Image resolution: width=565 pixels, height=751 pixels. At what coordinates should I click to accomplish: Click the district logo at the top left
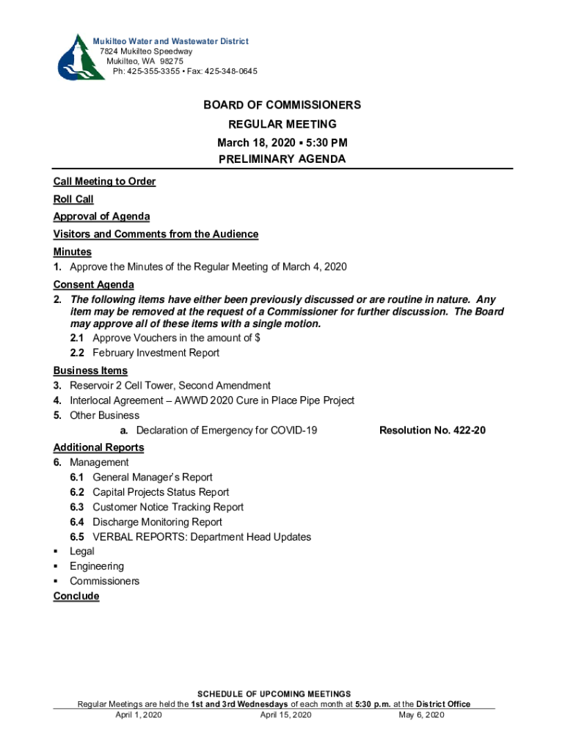click(x=73, y=56)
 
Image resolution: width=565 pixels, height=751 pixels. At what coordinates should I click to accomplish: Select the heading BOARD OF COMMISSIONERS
click(x=282, y=106)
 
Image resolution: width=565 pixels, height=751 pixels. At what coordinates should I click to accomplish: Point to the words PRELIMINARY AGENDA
click(x=282, y=159)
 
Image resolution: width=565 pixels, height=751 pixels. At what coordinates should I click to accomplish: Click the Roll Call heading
click(x=73, y=199)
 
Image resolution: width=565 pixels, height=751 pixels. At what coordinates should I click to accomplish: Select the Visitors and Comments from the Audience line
click(x=156, y=234)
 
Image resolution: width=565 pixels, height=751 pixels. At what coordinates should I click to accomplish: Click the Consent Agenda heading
click(x=93, y=285)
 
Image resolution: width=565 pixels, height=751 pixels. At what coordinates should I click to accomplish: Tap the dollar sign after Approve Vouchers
click(x=258, y=338)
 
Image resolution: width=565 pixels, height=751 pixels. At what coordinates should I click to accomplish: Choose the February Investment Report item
click(x=156, y=353)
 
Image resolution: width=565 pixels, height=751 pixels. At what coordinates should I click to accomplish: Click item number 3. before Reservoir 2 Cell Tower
click(x=57, y=385)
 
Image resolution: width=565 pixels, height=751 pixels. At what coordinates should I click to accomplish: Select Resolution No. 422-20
click(x=432, y=430)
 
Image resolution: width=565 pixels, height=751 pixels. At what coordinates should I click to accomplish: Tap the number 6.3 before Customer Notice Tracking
click(x=77, y=507)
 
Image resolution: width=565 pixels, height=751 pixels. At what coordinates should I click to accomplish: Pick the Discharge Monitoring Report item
click(x=157, y=522)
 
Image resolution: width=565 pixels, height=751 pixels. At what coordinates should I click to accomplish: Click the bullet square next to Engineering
click(x=56, y=567)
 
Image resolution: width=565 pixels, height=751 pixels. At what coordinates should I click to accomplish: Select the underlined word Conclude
click(x=76, y=596)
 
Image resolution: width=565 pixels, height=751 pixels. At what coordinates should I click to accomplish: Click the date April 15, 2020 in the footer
click(x=286, y=714)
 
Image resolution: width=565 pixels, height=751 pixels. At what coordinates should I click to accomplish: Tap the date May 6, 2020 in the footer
click(x=421, y=714)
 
